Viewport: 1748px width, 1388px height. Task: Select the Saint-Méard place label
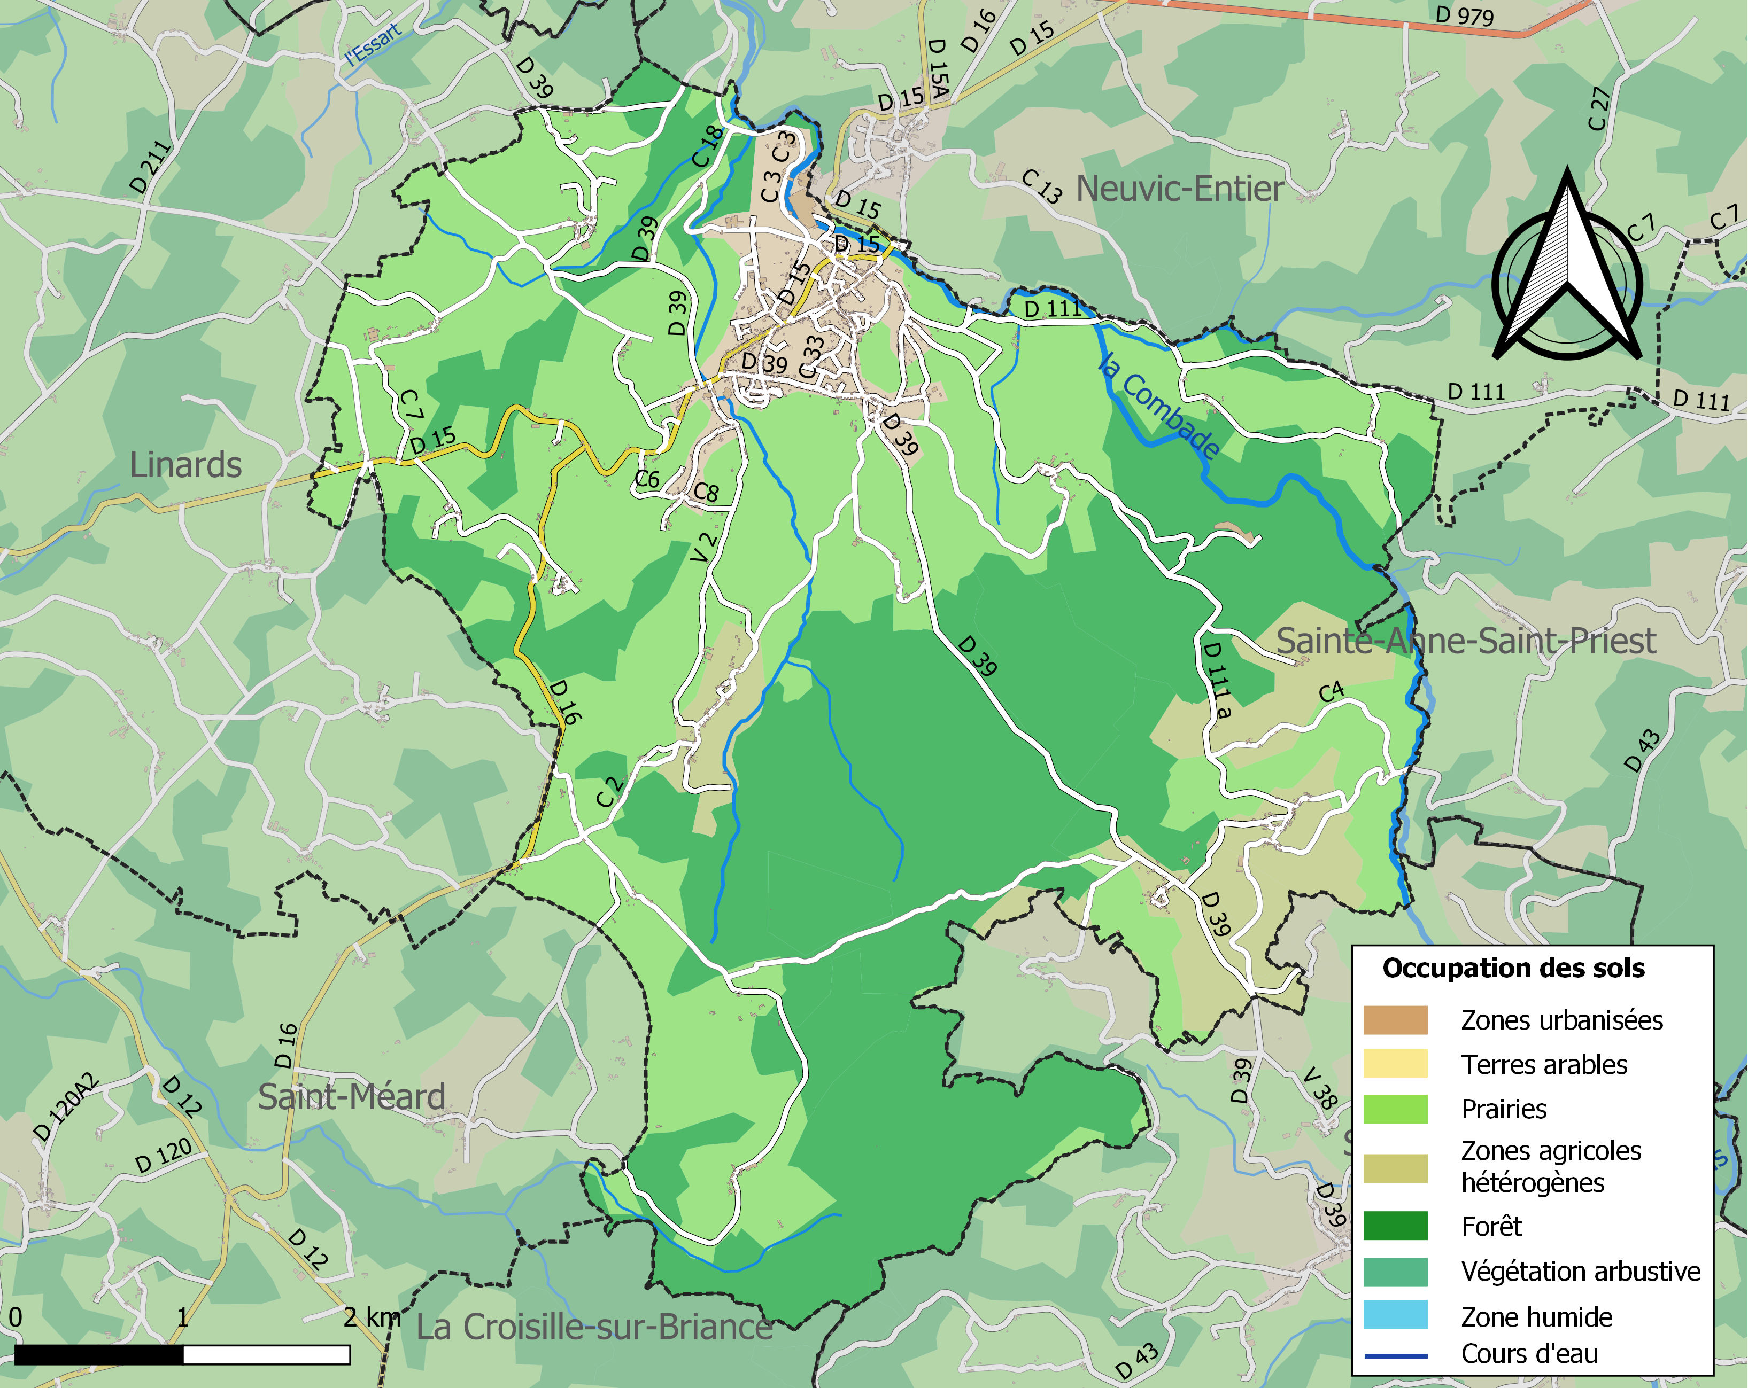click(351, 1097)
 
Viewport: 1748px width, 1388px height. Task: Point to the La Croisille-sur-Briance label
click(594, 1327)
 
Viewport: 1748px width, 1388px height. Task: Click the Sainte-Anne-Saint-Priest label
click(1466, 641)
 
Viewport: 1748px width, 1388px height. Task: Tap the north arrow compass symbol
click(1567, 271)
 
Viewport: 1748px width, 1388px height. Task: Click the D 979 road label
click(1464, 15)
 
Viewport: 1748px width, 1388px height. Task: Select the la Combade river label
click(1158, 405)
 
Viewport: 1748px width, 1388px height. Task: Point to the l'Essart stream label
click(373, 44)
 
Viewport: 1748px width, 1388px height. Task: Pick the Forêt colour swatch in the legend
click(1395, 1226)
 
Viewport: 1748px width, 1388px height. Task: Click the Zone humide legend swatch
click(1395, 1316)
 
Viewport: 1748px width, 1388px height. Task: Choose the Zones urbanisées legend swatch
click(1395, 1020)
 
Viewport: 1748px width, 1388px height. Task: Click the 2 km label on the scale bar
click(372, 1317)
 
